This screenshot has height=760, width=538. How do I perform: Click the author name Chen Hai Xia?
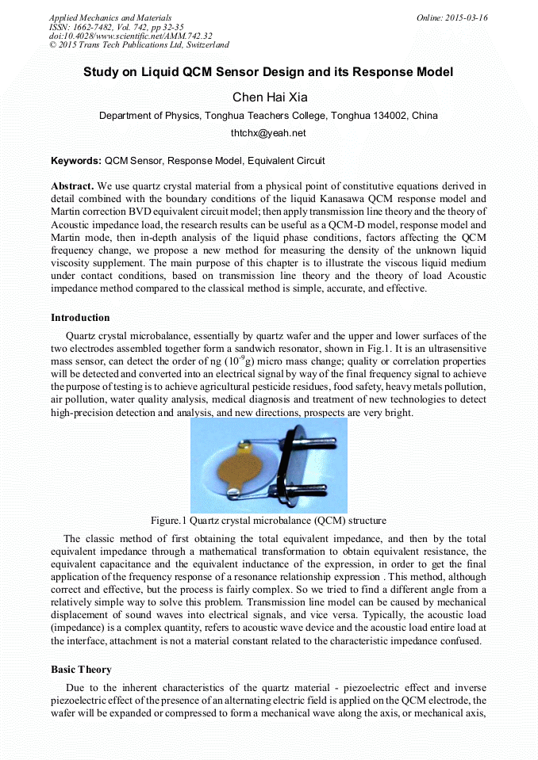click(268, 97)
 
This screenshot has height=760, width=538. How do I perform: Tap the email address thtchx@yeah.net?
click(268, 133)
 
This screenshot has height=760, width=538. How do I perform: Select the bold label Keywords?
click(76, 161)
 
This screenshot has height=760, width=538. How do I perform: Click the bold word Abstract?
click(73, 186)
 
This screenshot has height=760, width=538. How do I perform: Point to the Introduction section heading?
click(80, 318)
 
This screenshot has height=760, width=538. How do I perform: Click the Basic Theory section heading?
click(81, 670)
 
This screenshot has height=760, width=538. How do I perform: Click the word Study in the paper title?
click(101, 72)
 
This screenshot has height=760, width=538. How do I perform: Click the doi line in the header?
click(130, 36)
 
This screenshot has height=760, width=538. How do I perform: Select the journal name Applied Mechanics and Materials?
click(110, 17)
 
